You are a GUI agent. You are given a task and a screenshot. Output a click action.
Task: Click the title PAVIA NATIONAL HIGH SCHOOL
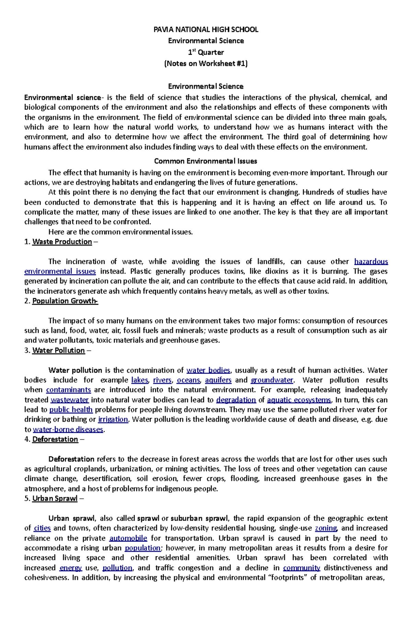206,30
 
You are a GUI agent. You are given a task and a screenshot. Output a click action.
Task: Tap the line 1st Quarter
206,53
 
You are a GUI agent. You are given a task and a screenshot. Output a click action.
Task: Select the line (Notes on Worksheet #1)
206,64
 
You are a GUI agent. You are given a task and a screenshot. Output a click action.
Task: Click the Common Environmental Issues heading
206,161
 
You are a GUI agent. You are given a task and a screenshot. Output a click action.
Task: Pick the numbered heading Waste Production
62,242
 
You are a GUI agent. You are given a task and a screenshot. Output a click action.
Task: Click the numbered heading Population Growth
65,301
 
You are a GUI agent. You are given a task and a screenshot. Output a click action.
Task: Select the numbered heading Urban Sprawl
55,499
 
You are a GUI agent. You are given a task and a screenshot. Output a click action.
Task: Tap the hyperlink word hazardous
371,262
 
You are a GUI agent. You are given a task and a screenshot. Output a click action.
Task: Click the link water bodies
208,370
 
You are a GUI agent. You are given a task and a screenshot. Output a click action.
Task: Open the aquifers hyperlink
218,380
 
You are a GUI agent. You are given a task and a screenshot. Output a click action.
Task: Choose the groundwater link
272,380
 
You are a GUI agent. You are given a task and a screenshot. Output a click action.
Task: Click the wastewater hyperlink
70,400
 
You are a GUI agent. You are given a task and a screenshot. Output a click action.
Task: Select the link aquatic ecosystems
299,400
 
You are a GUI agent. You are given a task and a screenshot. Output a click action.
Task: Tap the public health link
71,410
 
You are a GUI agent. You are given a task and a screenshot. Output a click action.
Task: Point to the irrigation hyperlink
113,420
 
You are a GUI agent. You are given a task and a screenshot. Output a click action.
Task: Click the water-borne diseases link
68,429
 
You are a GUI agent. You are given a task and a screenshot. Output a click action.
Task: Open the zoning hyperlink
326,528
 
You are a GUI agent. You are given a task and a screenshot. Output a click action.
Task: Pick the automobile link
128,538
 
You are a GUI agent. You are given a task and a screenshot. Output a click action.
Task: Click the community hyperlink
301,568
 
